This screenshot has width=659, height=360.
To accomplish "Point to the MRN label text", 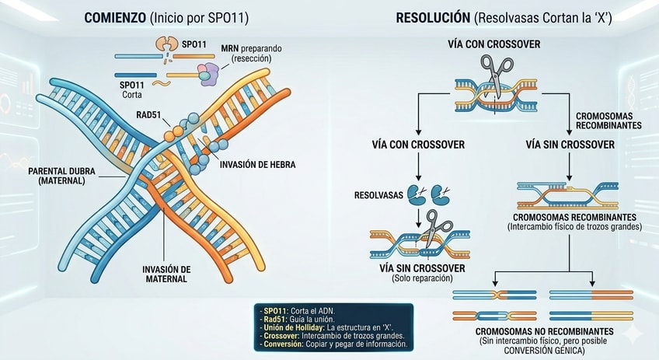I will [x=230, y=49].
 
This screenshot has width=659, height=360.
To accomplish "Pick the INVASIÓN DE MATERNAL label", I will [x=166, y=274].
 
